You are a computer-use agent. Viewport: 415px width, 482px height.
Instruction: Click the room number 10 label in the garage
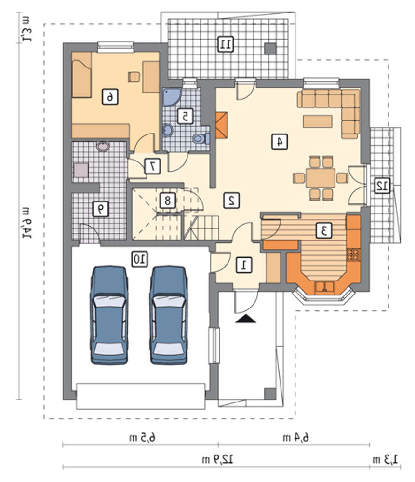point(140,259)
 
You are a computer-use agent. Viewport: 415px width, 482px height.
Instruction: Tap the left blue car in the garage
point(109,315)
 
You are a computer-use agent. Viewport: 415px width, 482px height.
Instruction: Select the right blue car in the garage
point(169,315)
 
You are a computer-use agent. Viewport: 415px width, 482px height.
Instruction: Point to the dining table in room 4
point(321,178)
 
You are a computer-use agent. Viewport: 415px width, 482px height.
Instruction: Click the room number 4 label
point(280,142)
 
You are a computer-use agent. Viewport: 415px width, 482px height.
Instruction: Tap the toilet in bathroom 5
point(201,139)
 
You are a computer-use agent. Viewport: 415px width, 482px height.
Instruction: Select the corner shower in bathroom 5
point(172,97)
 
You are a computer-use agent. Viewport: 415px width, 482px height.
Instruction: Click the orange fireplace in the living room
point(221,125)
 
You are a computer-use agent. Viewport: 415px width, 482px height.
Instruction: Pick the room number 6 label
point(110,97)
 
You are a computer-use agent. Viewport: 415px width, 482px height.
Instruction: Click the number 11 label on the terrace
point(226,44)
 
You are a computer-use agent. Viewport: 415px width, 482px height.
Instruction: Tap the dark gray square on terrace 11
point(270,49)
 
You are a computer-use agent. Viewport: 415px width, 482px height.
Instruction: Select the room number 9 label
point(101,209)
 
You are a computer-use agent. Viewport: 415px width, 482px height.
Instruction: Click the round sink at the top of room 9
point(102,147)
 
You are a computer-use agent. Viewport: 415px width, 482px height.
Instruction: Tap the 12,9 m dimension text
point(218,459)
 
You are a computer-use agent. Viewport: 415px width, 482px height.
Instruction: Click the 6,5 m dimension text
point(142,438)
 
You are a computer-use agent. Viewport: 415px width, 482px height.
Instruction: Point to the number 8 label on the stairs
point(168,201)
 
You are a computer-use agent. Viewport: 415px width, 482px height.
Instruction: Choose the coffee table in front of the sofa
point(318,121)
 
